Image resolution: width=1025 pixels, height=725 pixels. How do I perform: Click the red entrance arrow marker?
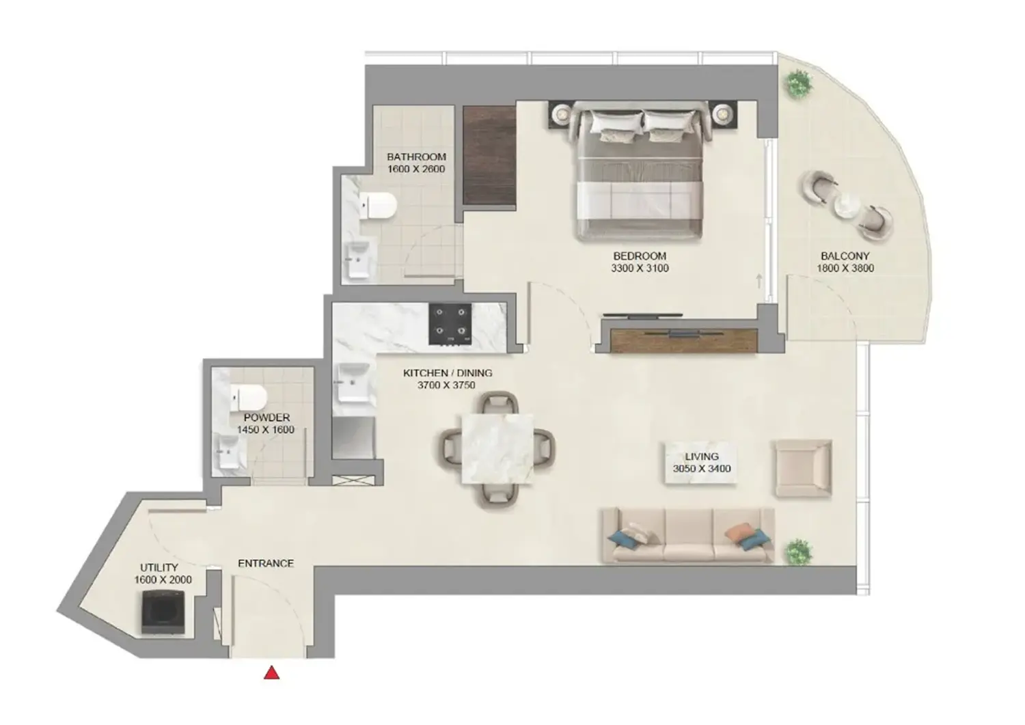point(272,674)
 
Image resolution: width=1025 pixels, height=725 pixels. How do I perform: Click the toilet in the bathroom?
point(378,206)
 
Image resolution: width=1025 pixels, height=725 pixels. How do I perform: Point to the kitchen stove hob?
point(450,324)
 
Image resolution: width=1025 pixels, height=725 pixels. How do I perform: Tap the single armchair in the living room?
point(803,469)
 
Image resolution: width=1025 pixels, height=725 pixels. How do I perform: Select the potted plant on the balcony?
point(797,84)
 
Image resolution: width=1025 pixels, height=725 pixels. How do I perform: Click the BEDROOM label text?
point(640,256)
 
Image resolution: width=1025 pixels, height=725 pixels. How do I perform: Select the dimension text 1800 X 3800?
point(845,269)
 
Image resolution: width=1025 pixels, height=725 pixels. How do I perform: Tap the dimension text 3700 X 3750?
point(446,385)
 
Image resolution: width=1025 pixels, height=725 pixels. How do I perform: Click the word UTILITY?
point(159,567)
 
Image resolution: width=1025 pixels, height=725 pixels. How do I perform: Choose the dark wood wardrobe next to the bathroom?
point(489,155)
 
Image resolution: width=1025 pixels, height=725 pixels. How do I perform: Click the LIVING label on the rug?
point(702,456)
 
